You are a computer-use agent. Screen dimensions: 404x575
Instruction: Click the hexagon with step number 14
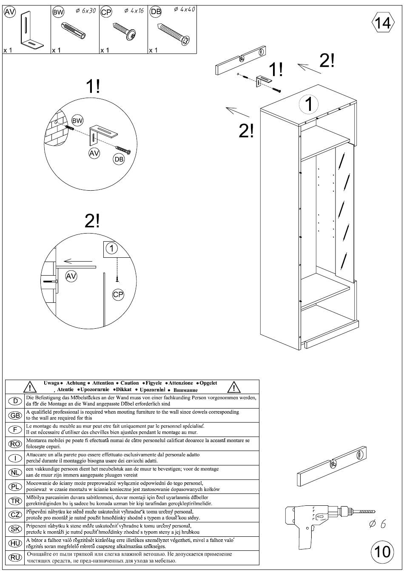point(383,23)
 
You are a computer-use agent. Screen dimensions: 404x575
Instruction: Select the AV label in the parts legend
point(10,12)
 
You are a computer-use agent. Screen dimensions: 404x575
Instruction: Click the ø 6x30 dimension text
point(85,11)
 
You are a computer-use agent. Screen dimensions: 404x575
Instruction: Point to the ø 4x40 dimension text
point(185,9)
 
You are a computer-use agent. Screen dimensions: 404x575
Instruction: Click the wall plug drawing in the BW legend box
point(73,31)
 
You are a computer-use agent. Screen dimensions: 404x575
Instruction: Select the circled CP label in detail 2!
point(118,294)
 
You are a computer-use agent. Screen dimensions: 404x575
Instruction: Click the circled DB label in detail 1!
point(119,159)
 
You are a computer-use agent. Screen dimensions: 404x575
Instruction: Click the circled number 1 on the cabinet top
point(309,104)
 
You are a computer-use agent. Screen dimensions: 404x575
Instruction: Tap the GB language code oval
point(15,415)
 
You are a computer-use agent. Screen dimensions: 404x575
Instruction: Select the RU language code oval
point(15,557)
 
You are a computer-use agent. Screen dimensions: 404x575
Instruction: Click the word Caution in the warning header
point(130,383)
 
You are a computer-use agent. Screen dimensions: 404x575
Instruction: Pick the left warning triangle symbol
point(30,386)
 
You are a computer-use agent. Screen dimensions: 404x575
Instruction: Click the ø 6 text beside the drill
point(378,524)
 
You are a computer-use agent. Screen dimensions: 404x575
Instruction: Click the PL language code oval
point(15,486)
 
